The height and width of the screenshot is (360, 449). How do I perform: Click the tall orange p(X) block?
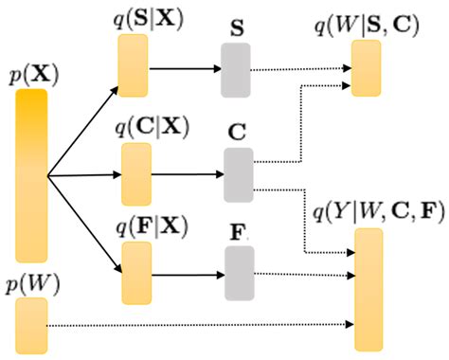click(x=31, y=175)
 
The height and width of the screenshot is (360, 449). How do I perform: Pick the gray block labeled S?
click(x=236, y=70)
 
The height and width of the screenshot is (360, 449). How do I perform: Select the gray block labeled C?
click(x=237, y=174)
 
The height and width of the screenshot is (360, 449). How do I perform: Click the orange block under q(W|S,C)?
click(x=367, y=68)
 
